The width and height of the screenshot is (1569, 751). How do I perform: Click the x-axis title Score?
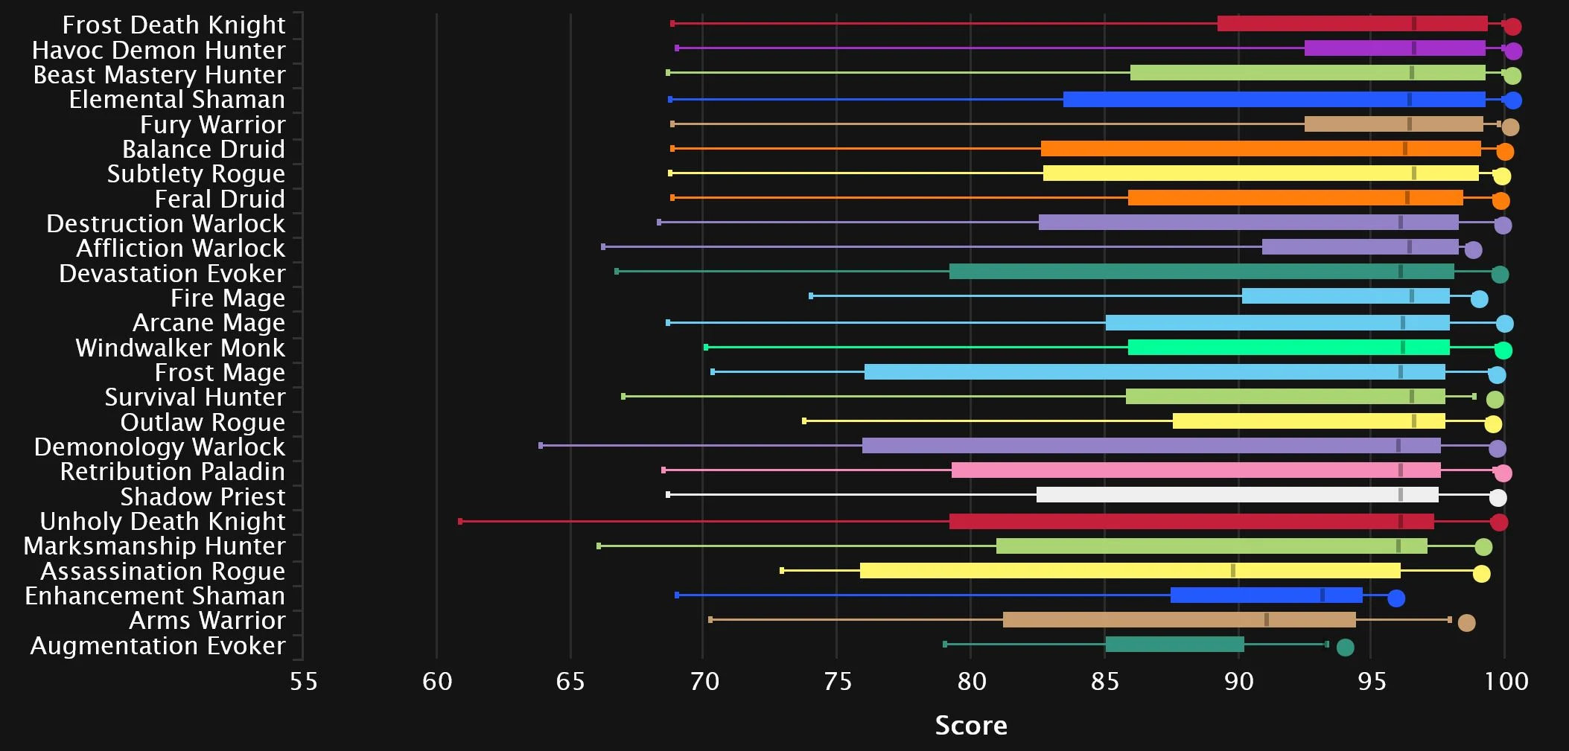tap(970, 725)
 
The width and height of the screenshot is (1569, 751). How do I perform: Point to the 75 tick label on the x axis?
tap(837, 681)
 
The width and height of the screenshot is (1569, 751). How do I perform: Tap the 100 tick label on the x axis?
tap(1506, 681)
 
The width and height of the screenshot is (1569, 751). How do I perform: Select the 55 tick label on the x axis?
tap(303, 681)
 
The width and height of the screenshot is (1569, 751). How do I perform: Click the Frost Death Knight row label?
tap(174, 25)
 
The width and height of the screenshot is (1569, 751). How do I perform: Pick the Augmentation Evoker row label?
tap(157, 646)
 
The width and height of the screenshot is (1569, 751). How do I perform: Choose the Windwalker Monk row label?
tap(180, 348)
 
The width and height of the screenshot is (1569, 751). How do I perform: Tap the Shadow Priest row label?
tap(203, 497)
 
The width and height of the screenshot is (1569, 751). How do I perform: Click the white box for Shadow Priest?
tap(1237, 495)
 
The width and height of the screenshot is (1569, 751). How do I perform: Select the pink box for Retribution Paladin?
tap(1196, 470)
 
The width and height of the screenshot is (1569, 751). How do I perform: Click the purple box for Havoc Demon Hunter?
tap(1395, 48)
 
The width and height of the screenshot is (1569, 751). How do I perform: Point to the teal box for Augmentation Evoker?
tap(1174, 645)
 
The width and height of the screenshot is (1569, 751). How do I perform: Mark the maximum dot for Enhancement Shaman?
tap(1396, 598)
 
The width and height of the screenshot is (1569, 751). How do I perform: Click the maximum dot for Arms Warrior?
tap(1466, 623)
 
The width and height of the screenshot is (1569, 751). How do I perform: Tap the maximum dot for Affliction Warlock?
tap(1473, 250)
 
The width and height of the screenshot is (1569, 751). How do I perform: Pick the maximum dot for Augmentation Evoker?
tap(1345, 648)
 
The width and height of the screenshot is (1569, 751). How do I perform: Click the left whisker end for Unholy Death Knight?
tap(460, 521)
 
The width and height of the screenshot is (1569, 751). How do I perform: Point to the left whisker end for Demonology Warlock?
tap(541, 446)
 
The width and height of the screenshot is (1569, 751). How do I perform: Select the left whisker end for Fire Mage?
tap(811, 296)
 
